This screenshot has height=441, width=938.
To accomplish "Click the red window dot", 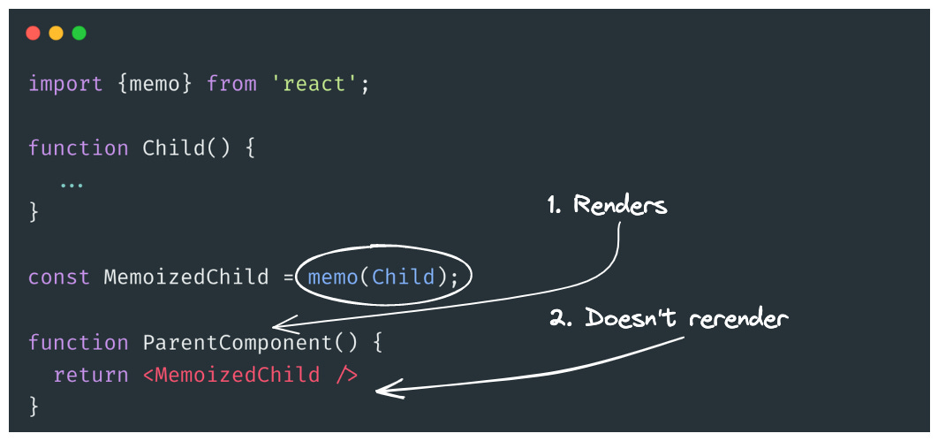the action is coord(34,34).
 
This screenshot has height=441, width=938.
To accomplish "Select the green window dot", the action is coord(79,34).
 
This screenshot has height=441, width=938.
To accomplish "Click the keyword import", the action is coord(65,84).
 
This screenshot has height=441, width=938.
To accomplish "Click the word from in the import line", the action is coord(231,84).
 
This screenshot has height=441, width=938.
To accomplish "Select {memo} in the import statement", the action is coord(155,84).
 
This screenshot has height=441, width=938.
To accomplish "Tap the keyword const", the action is coord(59,278).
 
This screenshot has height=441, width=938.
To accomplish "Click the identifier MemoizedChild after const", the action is coord(186,278).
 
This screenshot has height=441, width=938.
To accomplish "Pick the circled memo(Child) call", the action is coord(383,278).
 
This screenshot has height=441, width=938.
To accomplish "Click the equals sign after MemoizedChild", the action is coord(289,278).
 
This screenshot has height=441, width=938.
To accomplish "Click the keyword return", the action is coord(91,375).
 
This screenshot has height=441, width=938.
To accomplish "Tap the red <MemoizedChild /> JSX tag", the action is coord(250,375).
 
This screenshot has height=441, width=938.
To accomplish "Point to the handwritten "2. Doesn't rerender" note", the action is coord(668,318).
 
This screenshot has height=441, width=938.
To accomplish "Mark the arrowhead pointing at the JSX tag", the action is coord(383,389).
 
